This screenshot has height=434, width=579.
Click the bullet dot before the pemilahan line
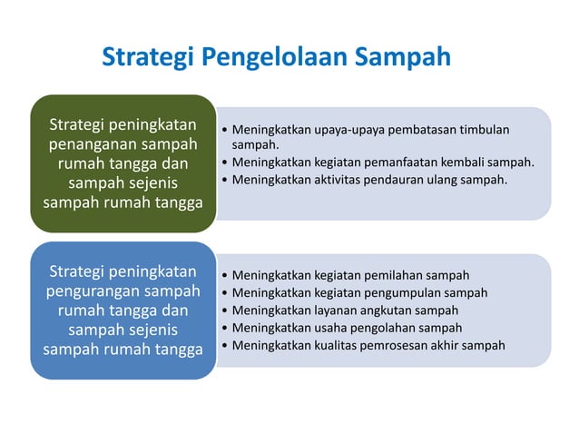tap(224, 275)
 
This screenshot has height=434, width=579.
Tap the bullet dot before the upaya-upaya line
tap(224, 130)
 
